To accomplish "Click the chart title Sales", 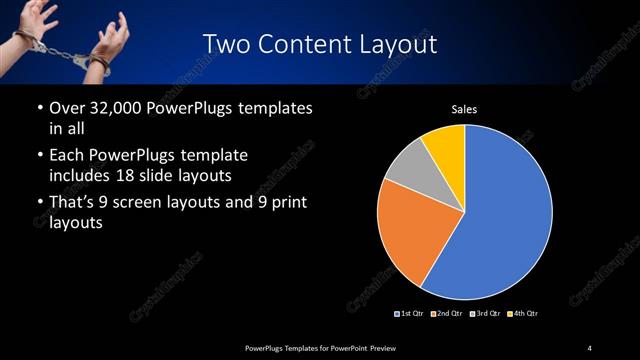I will point(464,108).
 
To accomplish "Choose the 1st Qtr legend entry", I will point(409,314).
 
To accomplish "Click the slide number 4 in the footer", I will point(589,347).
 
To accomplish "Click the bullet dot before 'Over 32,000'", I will point(39,109).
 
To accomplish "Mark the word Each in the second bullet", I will point(66,156).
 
